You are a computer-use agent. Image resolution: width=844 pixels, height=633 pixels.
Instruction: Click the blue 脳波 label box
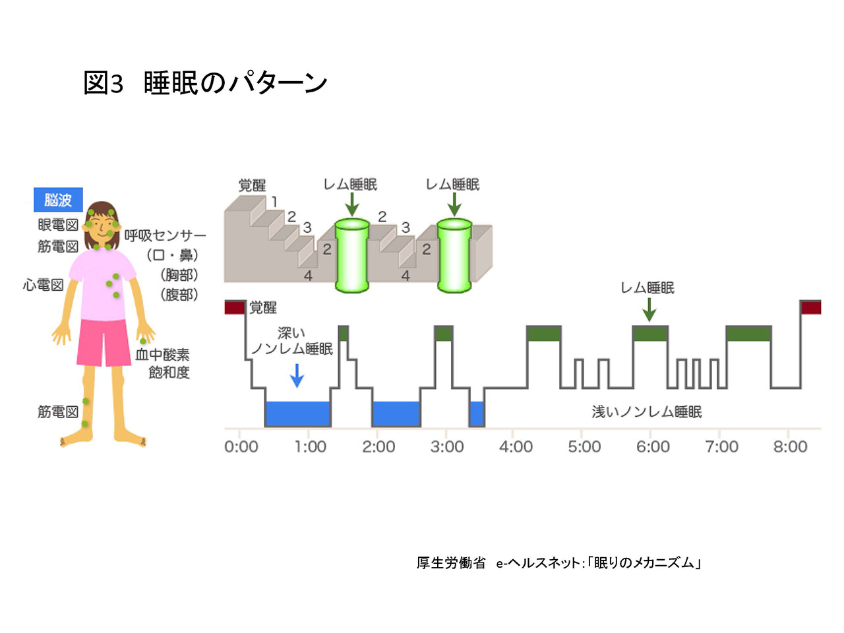(58, 200)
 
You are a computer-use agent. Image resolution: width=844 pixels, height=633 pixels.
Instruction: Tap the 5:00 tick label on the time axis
(584, 446)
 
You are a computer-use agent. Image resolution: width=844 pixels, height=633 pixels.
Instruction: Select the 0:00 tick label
(241, 446)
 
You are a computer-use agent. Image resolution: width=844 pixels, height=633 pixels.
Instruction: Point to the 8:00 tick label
(790, 446)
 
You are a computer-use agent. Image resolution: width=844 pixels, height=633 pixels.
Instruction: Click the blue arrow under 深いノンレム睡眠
(297, 375)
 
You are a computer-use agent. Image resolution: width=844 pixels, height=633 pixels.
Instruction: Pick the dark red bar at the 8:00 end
(811, 307)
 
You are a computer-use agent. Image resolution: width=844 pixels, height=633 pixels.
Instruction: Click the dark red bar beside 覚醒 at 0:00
(235, 307)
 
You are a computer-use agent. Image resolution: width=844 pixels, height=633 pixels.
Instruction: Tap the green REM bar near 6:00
(650, 333)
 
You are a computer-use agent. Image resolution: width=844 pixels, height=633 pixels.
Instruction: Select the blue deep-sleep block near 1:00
(298, 413)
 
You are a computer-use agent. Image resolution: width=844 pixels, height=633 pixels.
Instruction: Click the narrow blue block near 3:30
(477, 413)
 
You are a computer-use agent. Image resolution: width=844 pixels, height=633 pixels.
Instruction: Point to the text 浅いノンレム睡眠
(646, 411)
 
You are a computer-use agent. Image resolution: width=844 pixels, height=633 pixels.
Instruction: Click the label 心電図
(43, 285)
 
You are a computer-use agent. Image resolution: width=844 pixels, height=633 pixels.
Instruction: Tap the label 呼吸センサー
(165, 235)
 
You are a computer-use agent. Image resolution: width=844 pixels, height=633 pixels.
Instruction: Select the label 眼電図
(58, 224)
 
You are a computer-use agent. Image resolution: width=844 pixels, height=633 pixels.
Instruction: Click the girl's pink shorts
(104, 342)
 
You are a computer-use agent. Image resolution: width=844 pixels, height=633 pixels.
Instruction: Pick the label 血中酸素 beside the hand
(163, 354)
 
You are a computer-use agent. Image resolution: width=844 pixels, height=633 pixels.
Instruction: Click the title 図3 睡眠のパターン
(205, 82)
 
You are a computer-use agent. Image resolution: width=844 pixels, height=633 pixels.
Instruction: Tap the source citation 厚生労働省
(450, 562)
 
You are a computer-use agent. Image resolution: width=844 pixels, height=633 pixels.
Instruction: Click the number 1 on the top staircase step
(274, 201)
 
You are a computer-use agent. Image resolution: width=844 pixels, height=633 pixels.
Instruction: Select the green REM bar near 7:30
(748, 333)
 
